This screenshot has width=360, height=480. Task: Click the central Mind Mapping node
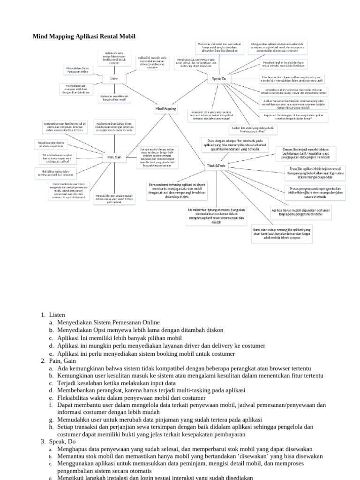(x=165, y=109)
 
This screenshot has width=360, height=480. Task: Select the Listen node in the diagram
(x=114, y=79)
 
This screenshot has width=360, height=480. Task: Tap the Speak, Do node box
(x=219, y=79)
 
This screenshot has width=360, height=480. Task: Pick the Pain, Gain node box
(x=114, y=157)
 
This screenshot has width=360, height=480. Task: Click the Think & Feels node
(x=217, y=165)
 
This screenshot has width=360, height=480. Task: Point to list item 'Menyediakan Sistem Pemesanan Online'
(x=109, y=322)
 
